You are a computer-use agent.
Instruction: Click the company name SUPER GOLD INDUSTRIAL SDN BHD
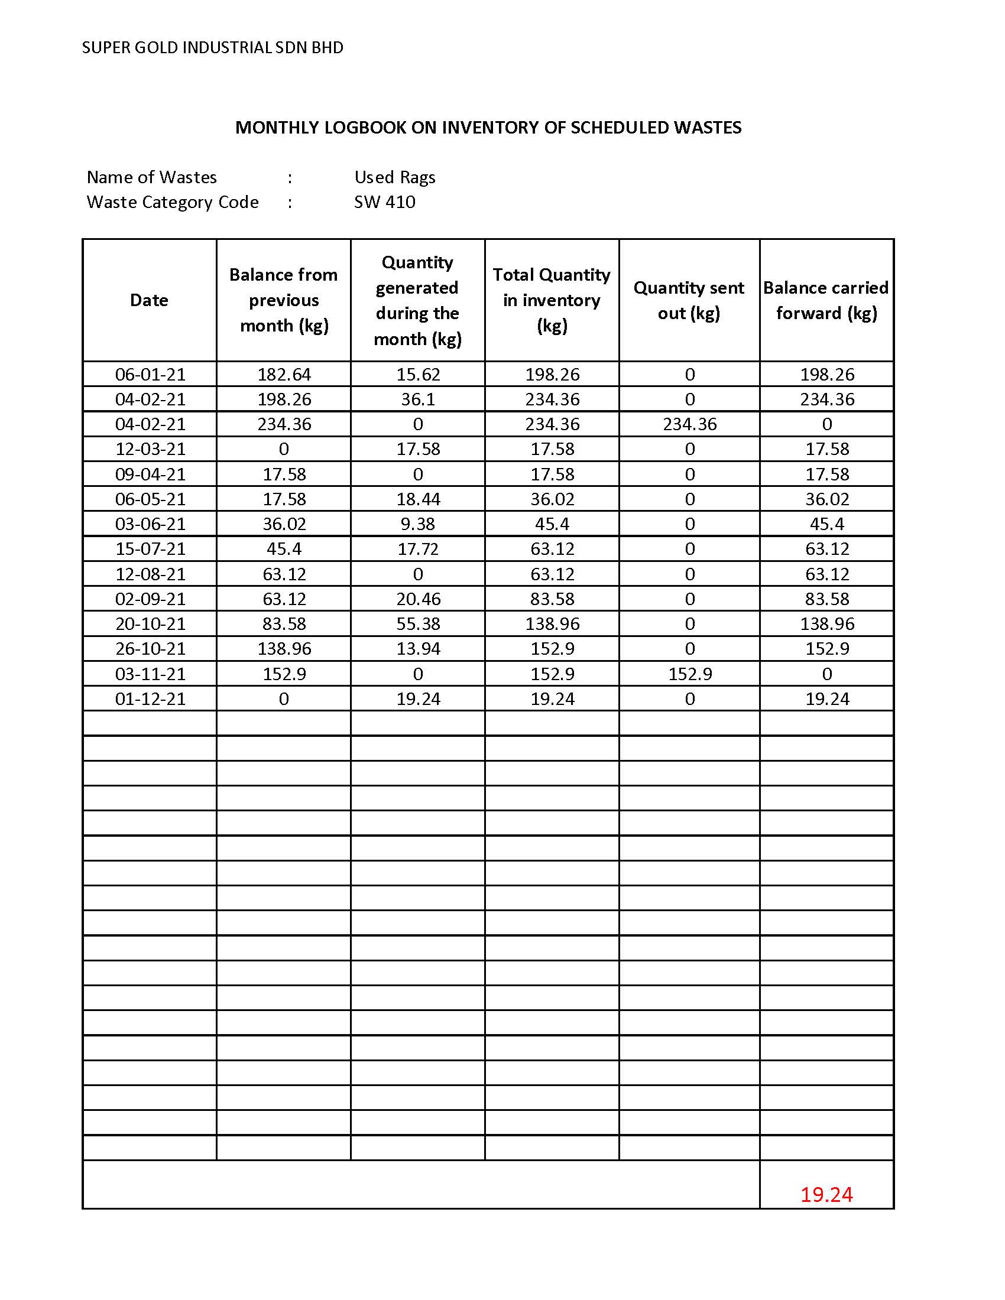[213, 48]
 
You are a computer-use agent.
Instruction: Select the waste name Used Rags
[395, 177]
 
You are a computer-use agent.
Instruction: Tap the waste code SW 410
[385, 202]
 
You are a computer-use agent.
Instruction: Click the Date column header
[149, 300]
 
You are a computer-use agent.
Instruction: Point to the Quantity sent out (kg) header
[689, 300]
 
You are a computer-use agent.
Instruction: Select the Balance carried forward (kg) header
[826, 300]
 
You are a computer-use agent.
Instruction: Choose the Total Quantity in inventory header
[552, 300]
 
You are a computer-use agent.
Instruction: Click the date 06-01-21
[150, 375]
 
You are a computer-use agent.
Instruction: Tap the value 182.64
[284, 375]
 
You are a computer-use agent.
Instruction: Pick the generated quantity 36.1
[418, 399]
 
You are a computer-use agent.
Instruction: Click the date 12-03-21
[150, 449]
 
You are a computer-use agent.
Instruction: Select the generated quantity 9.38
[418, 524]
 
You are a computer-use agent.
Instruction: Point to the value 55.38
[418, 624]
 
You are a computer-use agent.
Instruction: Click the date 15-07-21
[150, 549]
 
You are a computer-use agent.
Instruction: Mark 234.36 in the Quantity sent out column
[689, 424]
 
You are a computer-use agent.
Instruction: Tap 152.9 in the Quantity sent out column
[689, 674]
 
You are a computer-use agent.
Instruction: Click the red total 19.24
[826, 1195]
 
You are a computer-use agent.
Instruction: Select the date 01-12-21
[150, 699]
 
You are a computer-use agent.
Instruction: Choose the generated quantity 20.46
[418, 599]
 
